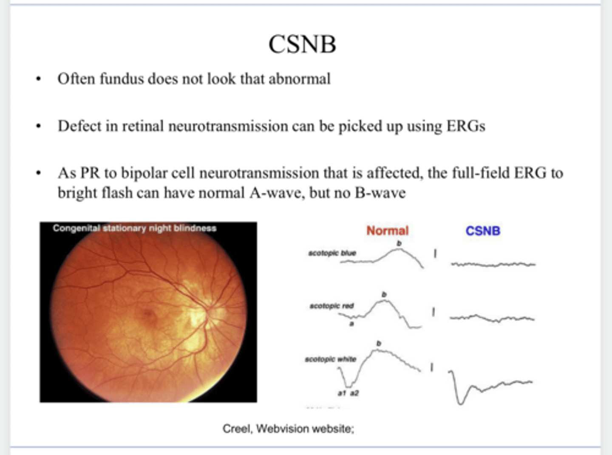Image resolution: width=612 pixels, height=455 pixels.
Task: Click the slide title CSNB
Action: pos(302,44)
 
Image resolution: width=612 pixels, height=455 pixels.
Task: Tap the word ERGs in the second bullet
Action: pos(465,126)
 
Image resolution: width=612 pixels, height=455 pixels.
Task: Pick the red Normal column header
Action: pos(387,231)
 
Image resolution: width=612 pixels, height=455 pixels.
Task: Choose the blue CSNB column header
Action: pos(483,231)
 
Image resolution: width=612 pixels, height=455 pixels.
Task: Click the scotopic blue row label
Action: pos(332,253)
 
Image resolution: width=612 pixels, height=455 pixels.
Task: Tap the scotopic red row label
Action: pos(331,306)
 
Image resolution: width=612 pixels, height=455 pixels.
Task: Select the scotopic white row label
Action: pos(330,359)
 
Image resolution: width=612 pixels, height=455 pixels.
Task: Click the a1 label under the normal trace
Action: pos(342,393)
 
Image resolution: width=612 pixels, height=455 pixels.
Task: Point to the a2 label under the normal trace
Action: pos(354,393)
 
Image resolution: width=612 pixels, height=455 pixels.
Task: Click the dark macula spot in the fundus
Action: pos(148,314)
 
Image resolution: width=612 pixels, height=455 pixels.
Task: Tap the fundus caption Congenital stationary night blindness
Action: pos(134,228)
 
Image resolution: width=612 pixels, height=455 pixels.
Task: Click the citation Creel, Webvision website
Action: pos(288,429)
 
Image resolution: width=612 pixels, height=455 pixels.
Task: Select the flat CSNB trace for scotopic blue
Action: pos(493,265)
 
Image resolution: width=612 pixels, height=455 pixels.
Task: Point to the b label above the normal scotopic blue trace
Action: pos(399,243)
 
